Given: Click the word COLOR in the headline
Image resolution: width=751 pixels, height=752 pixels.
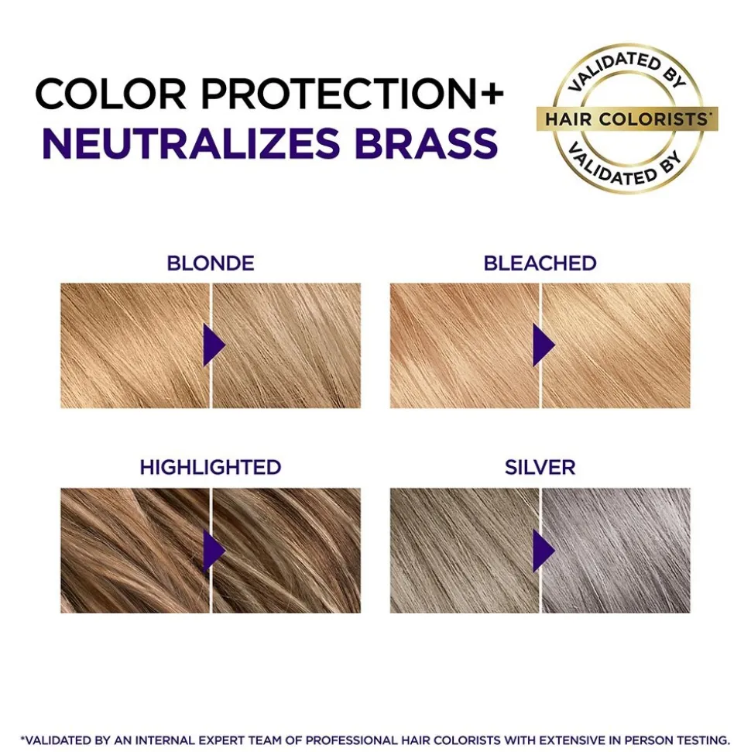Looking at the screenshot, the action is pos(111,93).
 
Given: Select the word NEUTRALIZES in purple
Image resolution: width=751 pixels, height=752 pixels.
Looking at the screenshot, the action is pos(191,143).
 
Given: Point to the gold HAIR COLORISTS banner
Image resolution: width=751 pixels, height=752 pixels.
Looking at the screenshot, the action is pos(627,118).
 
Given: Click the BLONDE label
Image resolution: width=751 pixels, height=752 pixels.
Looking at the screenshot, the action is pos(211,263).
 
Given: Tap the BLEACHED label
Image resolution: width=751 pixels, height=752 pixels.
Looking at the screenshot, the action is pos(540,263).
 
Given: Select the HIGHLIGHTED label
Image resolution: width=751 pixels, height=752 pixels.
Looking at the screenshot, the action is pos(211,467).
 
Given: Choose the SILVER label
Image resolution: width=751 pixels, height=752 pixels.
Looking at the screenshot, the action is pos(540,467).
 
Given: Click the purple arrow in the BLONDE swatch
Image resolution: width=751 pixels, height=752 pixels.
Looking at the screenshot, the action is pos(212,345).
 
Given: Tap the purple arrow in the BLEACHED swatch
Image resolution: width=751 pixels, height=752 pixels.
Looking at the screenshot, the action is pos(542,345).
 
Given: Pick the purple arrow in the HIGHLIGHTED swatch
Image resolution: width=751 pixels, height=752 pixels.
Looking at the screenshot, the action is pos(212,551).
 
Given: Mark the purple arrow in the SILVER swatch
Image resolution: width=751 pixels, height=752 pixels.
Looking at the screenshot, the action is pos(542,551).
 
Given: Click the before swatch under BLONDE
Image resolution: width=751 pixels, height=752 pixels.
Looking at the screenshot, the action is pos(135,345).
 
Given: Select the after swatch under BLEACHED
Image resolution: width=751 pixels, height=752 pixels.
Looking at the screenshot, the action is pos(616,345).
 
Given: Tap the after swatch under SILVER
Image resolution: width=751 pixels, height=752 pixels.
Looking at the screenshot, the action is pos(616,551).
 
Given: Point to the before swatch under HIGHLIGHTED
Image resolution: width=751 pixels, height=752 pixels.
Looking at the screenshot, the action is pos(135,551).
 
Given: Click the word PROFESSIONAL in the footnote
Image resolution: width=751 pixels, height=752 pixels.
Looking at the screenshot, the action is pos(351,740).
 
